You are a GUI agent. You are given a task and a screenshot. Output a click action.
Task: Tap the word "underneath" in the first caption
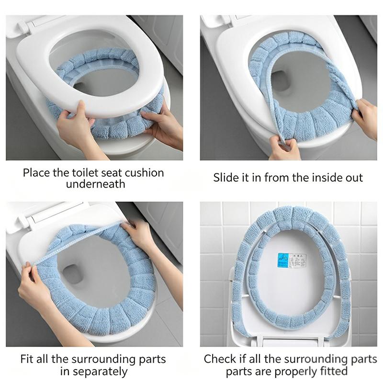coord(95,184)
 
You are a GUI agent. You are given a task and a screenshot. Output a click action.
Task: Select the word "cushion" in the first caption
coord(145,173)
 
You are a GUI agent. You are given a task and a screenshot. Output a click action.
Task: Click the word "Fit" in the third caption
coord(27,359)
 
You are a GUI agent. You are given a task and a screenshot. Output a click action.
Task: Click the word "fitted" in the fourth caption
coord(334,372)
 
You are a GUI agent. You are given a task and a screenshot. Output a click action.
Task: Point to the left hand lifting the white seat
coord(73,124)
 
